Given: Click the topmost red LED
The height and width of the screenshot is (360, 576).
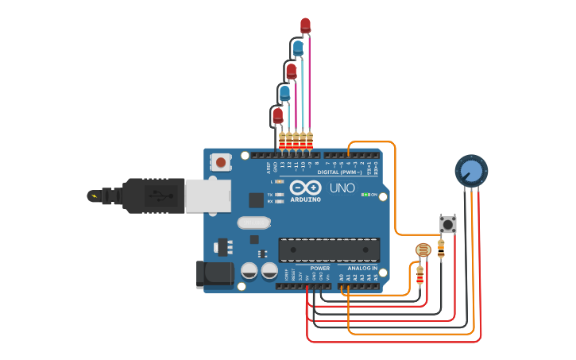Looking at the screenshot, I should point(305,25).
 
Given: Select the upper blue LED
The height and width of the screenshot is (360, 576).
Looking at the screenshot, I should point(298,48).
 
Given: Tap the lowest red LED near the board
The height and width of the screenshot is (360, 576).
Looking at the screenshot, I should point(277,116).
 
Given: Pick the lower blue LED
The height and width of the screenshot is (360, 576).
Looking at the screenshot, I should point(284,94).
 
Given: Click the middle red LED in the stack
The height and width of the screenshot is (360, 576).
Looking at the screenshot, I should point(291,71).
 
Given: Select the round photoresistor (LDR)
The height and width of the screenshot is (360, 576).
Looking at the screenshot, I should point(423,251).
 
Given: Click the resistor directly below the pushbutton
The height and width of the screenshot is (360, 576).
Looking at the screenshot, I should point(441,249).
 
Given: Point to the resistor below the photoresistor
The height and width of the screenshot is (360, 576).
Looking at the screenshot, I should point(419,275).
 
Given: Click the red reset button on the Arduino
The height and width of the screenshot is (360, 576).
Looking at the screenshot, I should point(220,163).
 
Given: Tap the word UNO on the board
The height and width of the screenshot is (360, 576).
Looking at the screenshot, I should point(342,188).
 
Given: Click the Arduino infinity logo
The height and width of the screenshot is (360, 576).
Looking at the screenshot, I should point(305,188).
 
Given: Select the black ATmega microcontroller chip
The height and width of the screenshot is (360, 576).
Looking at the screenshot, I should point(327,250).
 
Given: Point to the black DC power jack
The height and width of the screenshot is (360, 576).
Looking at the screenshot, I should point(213,274).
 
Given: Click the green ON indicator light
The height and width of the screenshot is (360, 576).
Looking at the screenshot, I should point(365,194).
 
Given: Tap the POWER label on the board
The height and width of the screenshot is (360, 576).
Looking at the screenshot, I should point(319,269).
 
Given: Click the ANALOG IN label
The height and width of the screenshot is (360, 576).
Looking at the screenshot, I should point(361,269).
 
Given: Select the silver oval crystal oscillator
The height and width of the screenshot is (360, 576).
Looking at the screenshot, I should point(252,224).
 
